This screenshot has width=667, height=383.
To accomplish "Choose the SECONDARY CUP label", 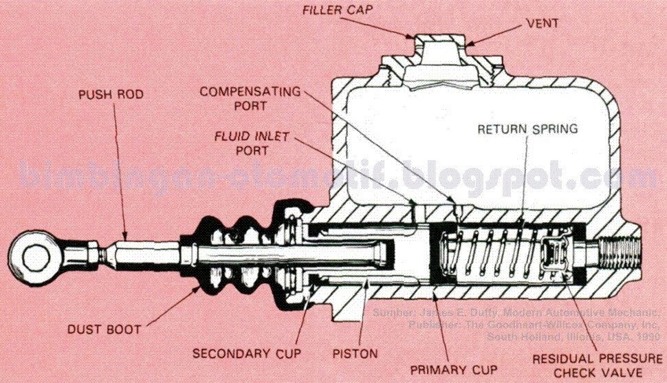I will (x=239, y=354).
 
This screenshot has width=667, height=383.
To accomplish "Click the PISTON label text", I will (x=355, y=354).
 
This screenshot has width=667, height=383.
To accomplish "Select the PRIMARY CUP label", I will (x=454, y=369).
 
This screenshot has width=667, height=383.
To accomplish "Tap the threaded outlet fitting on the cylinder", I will (x=622, y=253).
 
